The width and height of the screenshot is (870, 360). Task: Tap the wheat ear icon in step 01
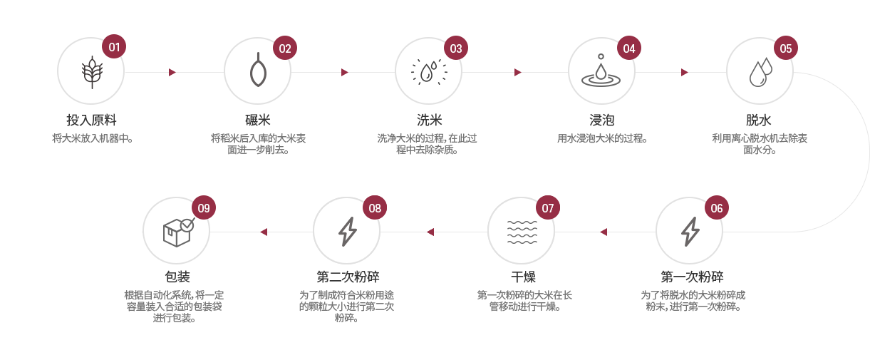point(91,72)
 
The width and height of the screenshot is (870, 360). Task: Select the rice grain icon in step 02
point(257,72)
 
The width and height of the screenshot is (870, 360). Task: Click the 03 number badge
point(456,48)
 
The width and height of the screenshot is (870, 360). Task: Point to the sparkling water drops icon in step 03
point(429,72)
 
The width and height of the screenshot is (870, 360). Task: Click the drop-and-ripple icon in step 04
point(601,71)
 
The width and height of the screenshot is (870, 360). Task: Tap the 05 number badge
point(785,48)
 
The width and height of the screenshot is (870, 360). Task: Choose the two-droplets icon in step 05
point(760,72)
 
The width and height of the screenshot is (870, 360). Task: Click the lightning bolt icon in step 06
point(690,231)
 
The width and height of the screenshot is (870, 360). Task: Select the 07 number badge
point(547,208)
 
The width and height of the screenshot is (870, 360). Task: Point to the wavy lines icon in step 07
point(522,232)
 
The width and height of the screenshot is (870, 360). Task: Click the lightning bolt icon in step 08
point(347,231)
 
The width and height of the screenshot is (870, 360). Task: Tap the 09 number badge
point(204,208)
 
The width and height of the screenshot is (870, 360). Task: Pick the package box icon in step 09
point(177,232)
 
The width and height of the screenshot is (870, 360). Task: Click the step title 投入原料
point(91,120)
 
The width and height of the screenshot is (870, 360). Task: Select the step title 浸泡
point(601,120)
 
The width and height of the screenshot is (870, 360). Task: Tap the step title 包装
point(177,277)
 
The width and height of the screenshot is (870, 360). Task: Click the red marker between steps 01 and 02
point(172,73)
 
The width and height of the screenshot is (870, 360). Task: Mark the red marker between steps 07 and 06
point(604,232)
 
